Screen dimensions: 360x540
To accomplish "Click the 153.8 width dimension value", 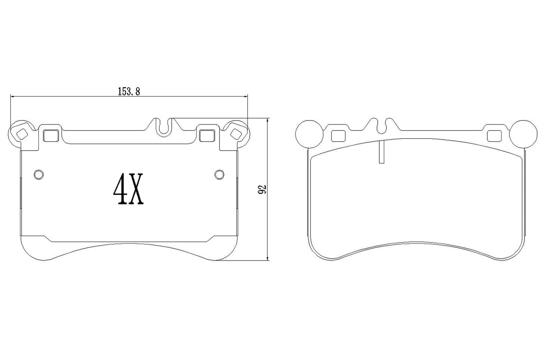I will (129, 92).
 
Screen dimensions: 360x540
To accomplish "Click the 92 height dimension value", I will (262, 189).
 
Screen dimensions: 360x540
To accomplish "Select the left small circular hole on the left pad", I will (38, 174).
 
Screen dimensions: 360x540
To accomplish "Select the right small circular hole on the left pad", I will (219, 174).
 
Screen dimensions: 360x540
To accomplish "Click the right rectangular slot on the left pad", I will (206, 135).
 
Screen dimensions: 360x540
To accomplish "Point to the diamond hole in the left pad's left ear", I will (22, 133).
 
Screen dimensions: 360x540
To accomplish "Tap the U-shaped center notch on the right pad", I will (380, 126).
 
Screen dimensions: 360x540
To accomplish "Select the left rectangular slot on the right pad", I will (338, 136).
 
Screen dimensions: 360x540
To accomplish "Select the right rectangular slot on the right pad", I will (494, 136).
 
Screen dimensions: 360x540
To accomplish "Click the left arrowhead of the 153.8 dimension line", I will (12, 97).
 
